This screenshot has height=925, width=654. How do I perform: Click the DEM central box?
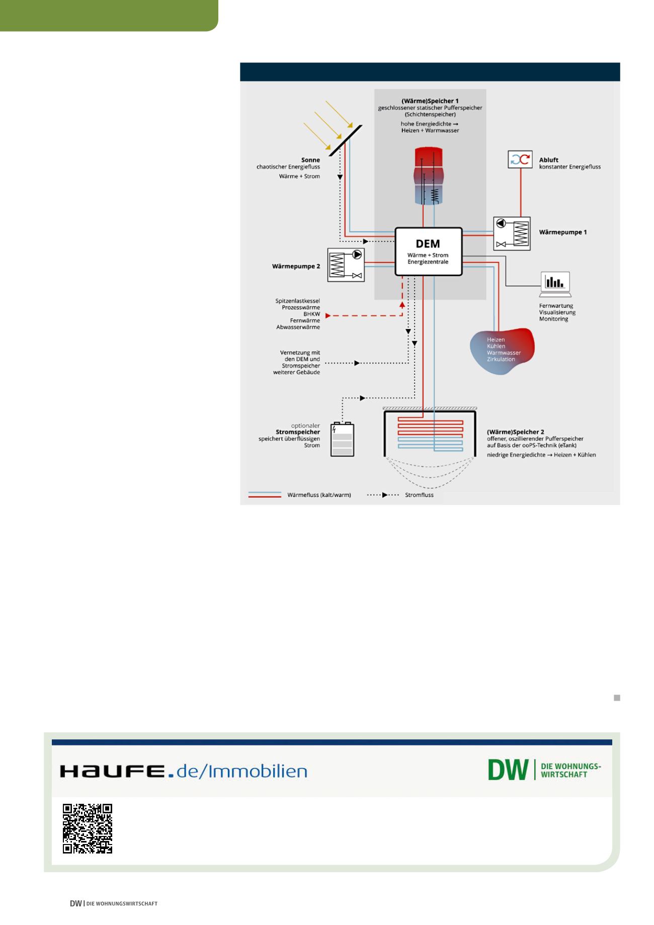coord(428,251)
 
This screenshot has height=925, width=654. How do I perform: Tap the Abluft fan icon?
coord(520,160)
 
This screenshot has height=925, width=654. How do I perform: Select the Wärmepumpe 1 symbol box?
coord(512,233)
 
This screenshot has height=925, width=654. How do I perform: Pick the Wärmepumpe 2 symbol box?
coord(346,265)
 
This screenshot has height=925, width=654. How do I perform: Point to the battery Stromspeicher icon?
coord(342,440)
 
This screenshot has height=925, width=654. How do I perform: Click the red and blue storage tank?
coord(428,176)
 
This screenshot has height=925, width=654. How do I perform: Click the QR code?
coord(88,828)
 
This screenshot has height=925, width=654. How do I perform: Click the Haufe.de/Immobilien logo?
coord(184,771)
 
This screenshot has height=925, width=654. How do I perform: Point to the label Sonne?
coord(310,160)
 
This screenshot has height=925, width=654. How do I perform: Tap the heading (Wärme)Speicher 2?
coord(515,432)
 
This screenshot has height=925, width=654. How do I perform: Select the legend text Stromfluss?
coord(419,495)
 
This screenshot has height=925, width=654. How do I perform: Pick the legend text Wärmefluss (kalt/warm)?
coord(319,495)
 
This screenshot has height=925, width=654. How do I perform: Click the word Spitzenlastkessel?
coord(297,301)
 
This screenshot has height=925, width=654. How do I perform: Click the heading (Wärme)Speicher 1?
coord(430,101)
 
